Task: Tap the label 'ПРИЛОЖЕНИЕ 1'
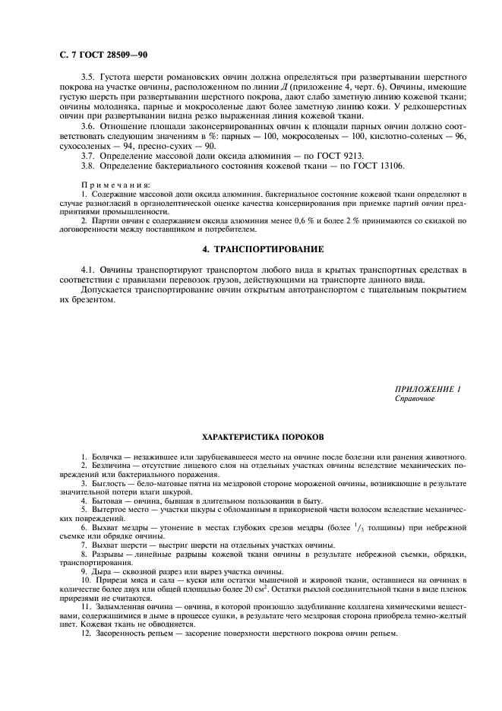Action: (428, 389)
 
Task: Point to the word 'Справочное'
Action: (415, 398)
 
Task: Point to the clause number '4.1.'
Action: (90, 270)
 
